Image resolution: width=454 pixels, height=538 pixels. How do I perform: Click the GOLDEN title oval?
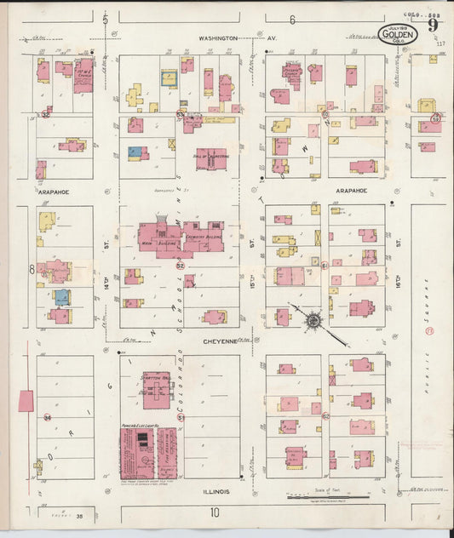point(399,35)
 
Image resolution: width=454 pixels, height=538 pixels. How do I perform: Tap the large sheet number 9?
point(434,26)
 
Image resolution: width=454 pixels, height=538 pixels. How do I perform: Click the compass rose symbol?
point(313,321)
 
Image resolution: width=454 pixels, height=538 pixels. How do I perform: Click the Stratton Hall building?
point(154,388)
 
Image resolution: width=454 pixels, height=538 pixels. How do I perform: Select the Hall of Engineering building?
point(210,157)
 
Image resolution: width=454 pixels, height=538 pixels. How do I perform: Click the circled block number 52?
point(180,266)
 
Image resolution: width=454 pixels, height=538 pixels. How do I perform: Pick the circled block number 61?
point(325,265)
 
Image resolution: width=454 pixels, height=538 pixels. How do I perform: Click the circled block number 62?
point(325,416)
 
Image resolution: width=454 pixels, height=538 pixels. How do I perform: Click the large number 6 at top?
point(291,19)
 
